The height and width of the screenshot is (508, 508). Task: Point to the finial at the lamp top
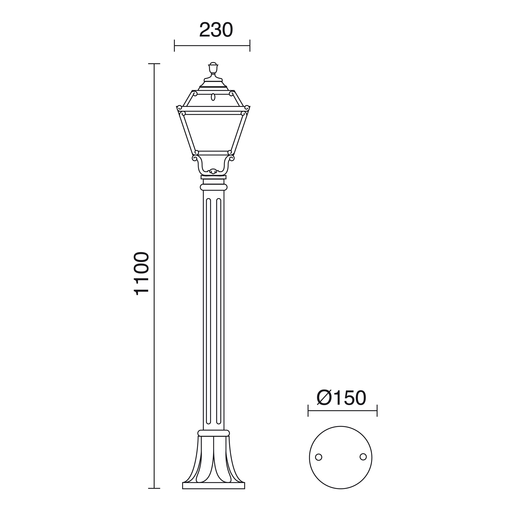[213, 68]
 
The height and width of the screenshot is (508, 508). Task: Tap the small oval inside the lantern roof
[213, 97]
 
